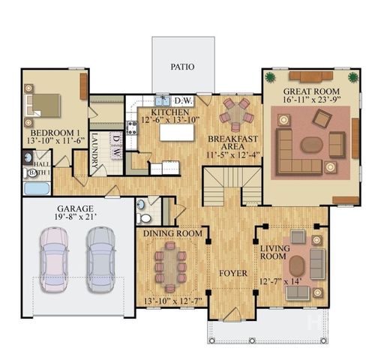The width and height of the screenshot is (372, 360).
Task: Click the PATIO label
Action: [x=182, y=67]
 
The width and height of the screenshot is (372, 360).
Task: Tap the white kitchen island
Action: [x=171, y=133]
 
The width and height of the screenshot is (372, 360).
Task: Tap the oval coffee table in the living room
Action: [x=297, y=265]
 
